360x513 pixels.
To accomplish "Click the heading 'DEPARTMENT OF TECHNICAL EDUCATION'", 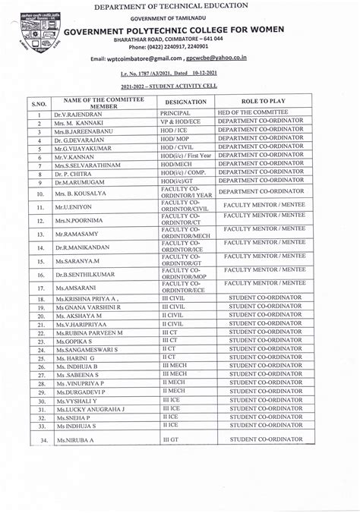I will [x=182, y=7].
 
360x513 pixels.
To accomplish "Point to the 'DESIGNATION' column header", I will [x=185, y=101].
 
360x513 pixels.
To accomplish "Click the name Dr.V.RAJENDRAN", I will [x=78, y=114].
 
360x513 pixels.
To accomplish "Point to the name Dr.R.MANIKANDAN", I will [x=84, y=247].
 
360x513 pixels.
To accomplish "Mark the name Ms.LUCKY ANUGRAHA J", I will [x=90, y=409].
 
